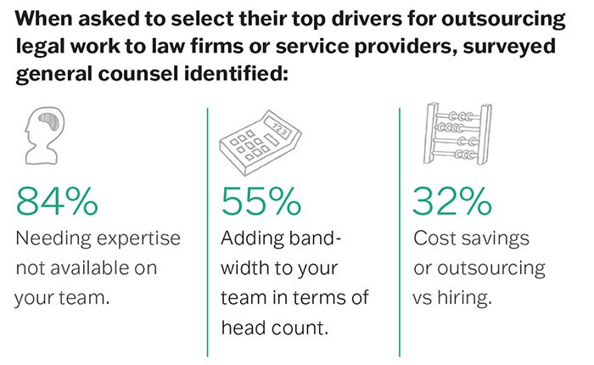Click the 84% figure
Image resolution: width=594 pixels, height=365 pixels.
click(58, 201)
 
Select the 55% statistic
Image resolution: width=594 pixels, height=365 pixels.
click(261, 201)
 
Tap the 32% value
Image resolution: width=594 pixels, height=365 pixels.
click(452, 201)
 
